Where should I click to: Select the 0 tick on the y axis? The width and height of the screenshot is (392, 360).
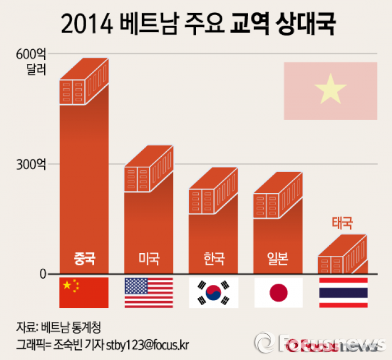click(x=41, y=274)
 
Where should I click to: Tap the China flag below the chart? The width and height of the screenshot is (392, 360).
click(x=83, y=292)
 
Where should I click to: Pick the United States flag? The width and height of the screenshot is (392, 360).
click(x=148, y=292)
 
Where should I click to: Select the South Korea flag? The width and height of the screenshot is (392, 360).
click(x=213, y=292)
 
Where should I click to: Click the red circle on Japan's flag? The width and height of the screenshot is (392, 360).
click(x=278, y=292)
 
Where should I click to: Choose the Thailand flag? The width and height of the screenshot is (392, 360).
click(x=343, y=292)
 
